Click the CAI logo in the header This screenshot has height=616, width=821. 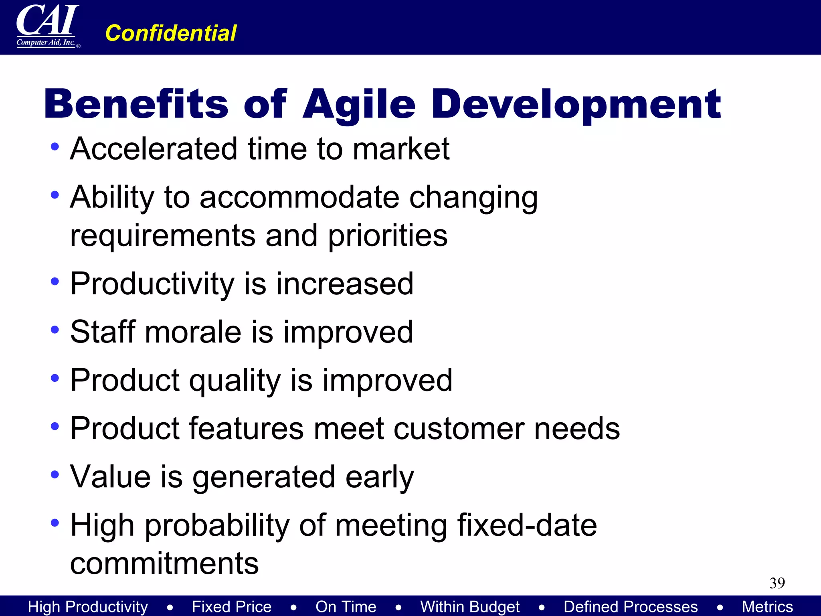pyautogui.click(x=47, y=26)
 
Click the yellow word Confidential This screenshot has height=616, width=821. pyautogui.click(x=171, y=33)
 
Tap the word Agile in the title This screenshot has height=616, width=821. pyautogui.click(x=359, y=105)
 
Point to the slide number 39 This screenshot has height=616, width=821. pyautogui.click(x=777, y=583)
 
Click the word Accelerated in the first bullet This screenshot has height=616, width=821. pyautogui.click(x=154, y=149)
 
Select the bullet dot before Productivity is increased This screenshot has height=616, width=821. pyautogui.click(x=55, y=282)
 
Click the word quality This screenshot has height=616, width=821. pyautogui.click(x=235, y=381)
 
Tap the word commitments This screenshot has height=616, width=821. pyautogui.click(x=164, y=563)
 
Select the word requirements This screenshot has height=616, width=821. pyautogui.click(x=163, y=236)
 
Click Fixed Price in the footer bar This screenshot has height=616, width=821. pyautogui.click(x=232, y=607)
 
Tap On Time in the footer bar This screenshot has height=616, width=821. pyautogui.click(x=346, y=607)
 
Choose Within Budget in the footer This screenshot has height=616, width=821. pyautogui.click(x=470, y=607)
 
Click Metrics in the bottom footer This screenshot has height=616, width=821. pyautogui.click(x=767, y=607)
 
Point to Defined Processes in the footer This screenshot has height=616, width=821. pyautogui.click(x=631, y=607)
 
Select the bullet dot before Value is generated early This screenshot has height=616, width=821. pyautogui.click(x=55, y=475)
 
